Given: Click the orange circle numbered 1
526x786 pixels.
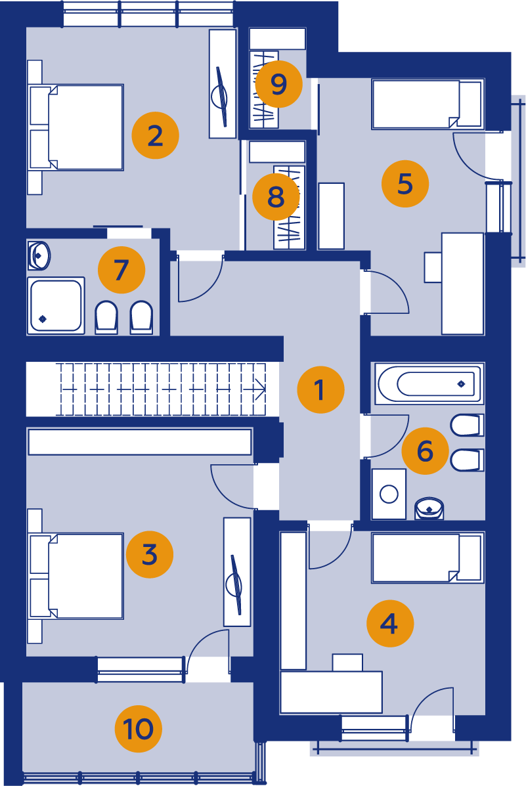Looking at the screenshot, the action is click(x=320, y=389).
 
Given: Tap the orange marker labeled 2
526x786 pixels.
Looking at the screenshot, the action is click(x=155, y=135).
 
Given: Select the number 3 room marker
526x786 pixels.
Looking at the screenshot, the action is click(x=150, y=554).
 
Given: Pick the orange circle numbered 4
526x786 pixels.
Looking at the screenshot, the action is click(x=389, y=624).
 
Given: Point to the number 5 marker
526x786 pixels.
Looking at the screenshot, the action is click(x=405, y=183).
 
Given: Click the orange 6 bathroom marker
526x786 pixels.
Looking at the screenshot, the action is click(x=425, y=450).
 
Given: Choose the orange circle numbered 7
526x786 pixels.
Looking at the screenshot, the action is click(x=121, y=270).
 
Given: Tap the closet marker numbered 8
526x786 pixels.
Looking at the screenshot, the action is click(x=276, y=196).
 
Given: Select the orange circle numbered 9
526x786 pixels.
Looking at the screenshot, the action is click(x=278, y=83).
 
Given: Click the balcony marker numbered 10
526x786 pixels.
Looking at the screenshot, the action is click(x=138, y=728).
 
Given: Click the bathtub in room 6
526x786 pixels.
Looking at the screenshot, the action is click(x=429, y=383).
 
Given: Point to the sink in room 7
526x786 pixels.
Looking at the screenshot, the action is click(x=39, y=255).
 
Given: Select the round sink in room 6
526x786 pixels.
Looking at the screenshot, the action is click(x=429, y=508).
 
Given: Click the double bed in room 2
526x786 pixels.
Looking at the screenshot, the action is click(x=76, y=127).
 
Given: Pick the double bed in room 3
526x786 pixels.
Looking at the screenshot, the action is click(x=76, y=576).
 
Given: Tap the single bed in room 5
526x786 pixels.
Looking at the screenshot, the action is click(x=427, y=104).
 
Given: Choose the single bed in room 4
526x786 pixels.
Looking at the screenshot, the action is click(x=427, y=557).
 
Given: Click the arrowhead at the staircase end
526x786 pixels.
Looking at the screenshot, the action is click(x=260, y=389).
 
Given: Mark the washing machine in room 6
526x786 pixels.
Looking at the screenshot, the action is click(x=389, y=494).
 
